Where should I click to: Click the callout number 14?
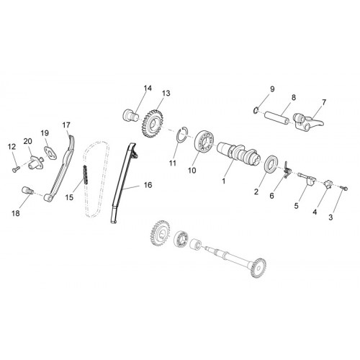point(148,89)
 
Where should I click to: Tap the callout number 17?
point(66,125)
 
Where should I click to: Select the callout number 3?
point(330,217)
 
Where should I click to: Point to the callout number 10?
point(192,171)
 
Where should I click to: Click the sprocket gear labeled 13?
point(153,124)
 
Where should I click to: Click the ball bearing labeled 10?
point(204,142)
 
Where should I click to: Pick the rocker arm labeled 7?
point(308,122)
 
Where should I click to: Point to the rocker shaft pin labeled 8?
point(276,117)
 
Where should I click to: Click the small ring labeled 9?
point(256,110)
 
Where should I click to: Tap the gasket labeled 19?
point(50,153)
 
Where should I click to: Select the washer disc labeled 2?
point(271,164)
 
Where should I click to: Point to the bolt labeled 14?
point(131,114)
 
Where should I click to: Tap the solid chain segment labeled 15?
point(85,175)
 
